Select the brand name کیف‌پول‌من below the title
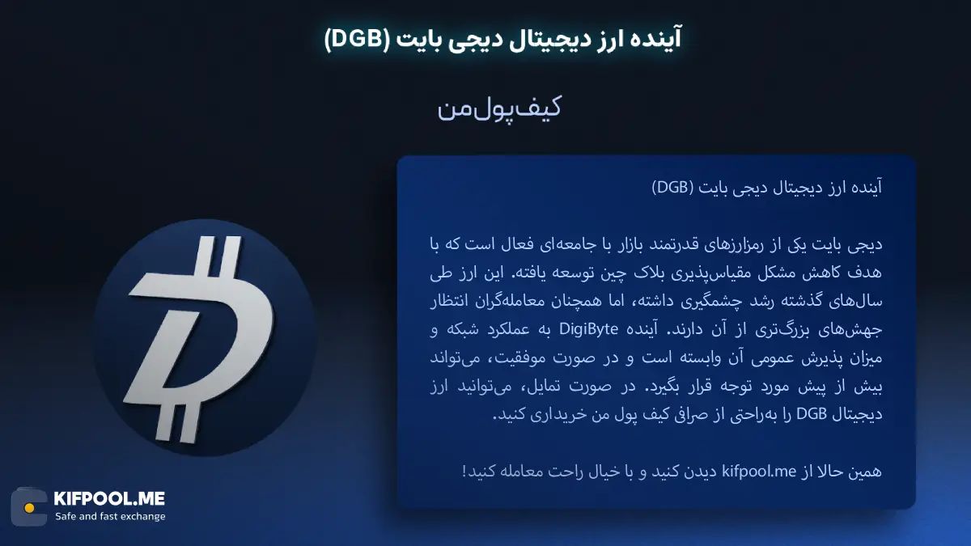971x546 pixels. point(499,109)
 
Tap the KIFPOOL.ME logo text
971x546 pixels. point(109,499)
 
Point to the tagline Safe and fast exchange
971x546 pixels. point(109,516)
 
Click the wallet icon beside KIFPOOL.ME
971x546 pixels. point(29,507)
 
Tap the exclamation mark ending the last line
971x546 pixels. point(464,471)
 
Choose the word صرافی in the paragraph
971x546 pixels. point(653,415)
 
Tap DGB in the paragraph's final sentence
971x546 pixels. point(812,415)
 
